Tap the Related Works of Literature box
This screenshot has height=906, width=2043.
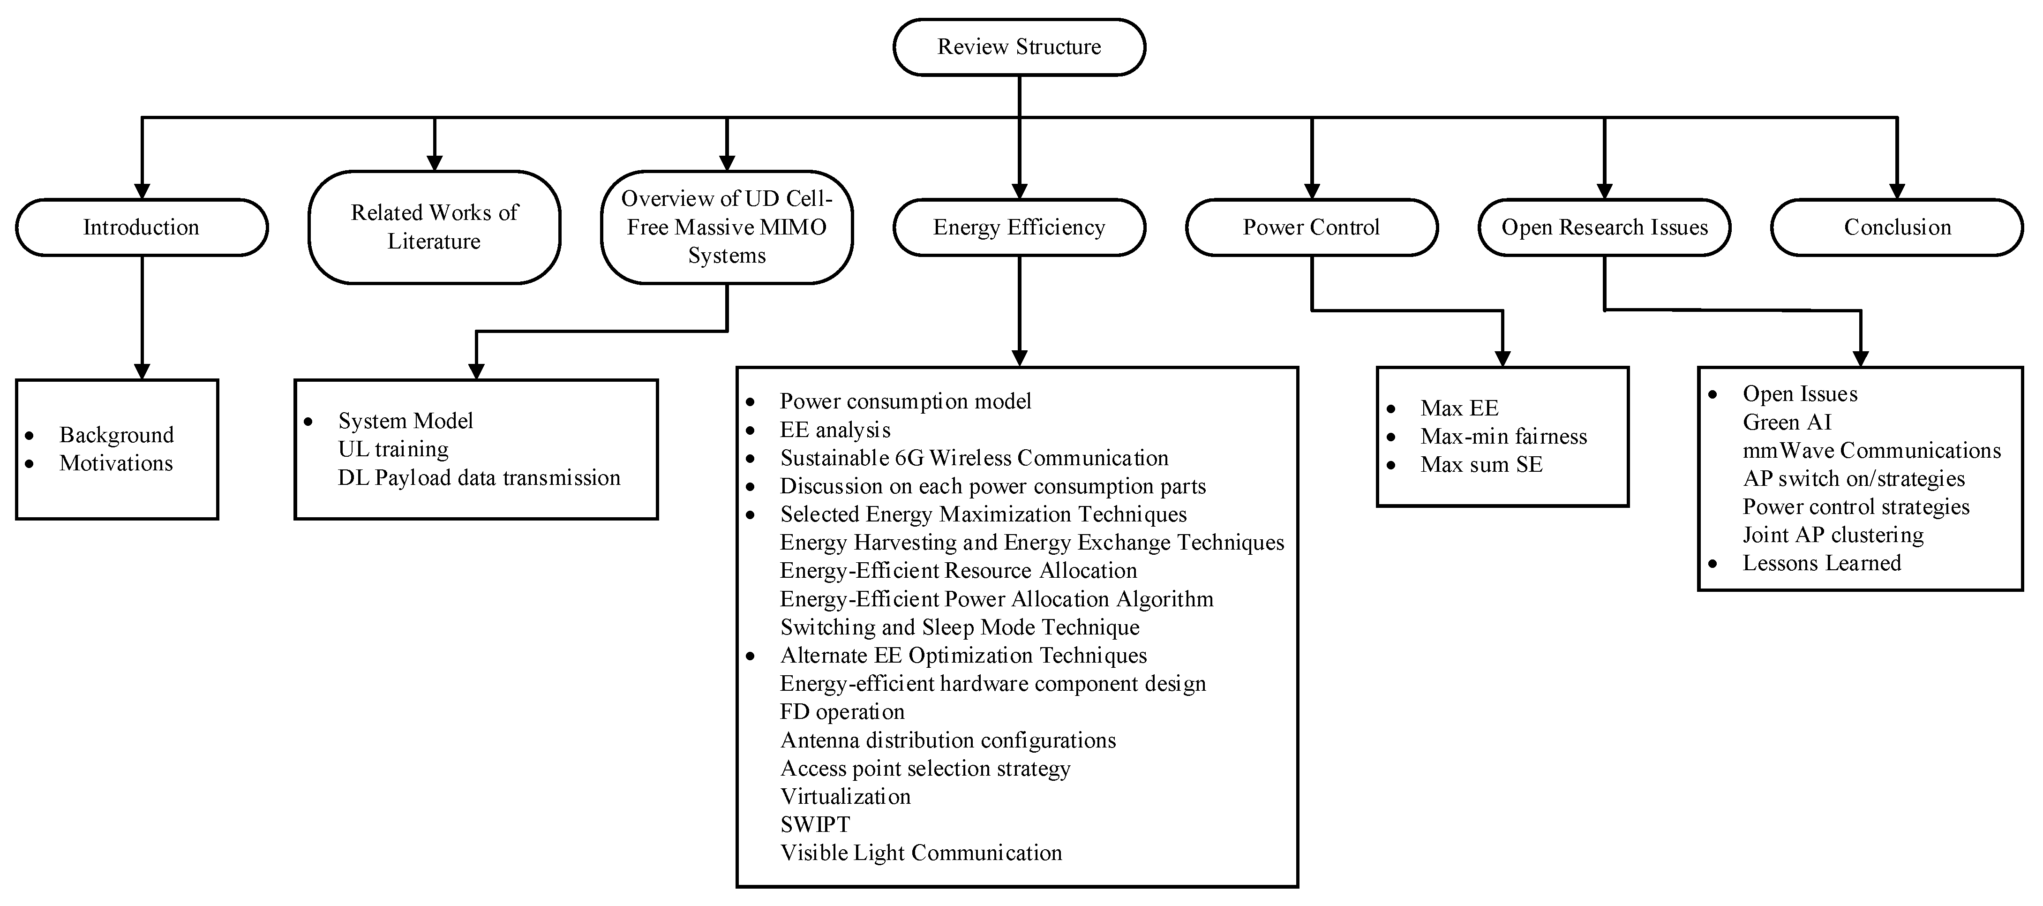[434, 227]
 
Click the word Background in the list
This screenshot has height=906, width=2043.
[117, 435]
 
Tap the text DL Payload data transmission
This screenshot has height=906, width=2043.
[479, 477]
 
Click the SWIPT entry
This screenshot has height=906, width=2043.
[814, 825]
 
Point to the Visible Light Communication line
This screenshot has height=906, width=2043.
[921, 853]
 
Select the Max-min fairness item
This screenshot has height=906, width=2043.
[1503, 436]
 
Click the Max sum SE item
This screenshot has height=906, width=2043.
[1481, 465]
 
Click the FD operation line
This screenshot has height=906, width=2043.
[842, 712]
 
